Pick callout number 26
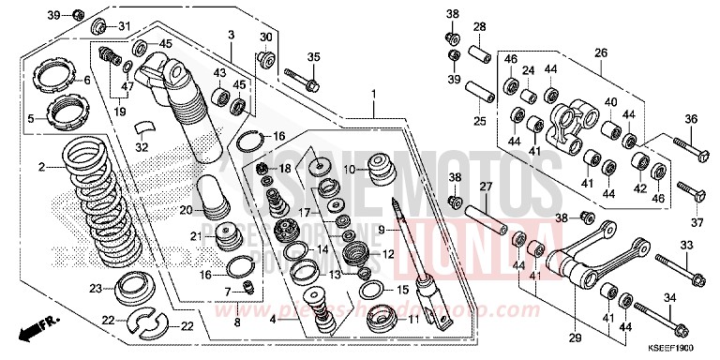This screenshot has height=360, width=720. [x=601, y=52]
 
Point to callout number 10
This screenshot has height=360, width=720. [x=349, y=171]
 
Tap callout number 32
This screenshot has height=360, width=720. [x=142, y=146]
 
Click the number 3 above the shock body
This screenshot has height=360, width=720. [x=230, y=35]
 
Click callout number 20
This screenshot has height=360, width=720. [x=186, y=209]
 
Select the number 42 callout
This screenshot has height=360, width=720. [x=640, y=187]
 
